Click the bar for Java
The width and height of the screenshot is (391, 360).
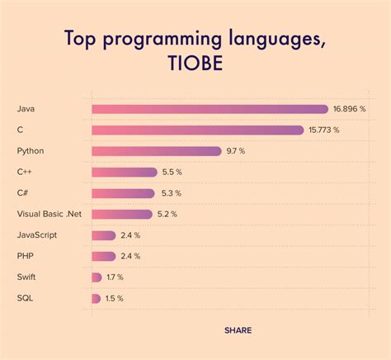click(x=210, y=109)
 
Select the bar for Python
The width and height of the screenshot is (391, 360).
click(x=157, y=151)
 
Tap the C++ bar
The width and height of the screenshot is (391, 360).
click(x=125, y=172)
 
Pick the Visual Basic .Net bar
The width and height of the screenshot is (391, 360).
click(x=122, y=214)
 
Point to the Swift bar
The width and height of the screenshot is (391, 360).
click(x=97, y=277)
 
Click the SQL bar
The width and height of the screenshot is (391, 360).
click(x=97, y=298)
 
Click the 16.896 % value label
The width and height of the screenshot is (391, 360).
click(x=350, y=109)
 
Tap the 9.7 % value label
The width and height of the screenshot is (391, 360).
click(x=237, y=151)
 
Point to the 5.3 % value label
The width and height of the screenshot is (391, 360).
click(x=170, y=193)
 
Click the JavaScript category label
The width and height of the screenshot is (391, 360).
click(x=38, y=235)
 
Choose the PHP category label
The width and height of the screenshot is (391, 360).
click(x=25, y=256)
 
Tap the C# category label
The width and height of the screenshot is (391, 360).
click(x=22, y=193)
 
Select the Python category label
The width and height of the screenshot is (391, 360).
click(x=30, y=151)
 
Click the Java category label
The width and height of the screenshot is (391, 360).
click(x=26, y=109)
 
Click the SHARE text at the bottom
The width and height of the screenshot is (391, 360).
click(x=238, y=330)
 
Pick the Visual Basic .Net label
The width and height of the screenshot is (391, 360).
click(x=49, y=214)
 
